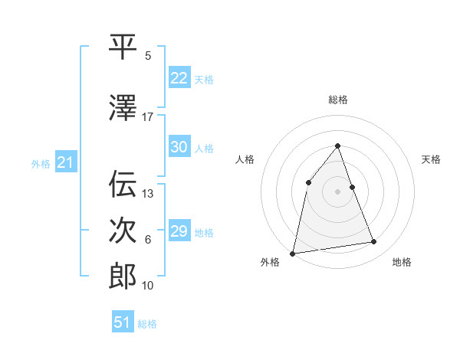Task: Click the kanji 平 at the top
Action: (x=122, y=47)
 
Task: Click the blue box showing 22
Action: (x=179, y=78)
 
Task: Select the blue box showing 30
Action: (x=179, y=147)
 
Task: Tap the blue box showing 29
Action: (x=179, y=231)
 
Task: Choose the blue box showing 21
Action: (x=65, y=162)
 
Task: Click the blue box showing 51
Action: (x=122, y=322)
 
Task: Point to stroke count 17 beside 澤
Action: (x=148, y=117)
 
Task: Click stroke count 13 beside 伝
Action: (x=148, y=194)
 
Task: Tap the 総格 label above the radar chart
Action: (x=337, y=100)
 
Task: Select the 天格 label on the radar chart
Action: (x=431, y=159)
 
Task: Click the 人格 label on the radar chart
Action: (x=245, y=159)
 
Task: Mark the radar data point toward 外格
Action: (x=293, y=253)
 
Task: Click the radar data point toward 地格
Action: (x=374, y=242)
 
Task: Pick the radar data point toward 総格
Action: (x=337, y=146)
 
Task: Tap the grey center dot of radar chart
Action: (x=337, y=191)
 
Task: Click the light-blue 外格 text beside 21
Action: (x=41, y=163)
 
